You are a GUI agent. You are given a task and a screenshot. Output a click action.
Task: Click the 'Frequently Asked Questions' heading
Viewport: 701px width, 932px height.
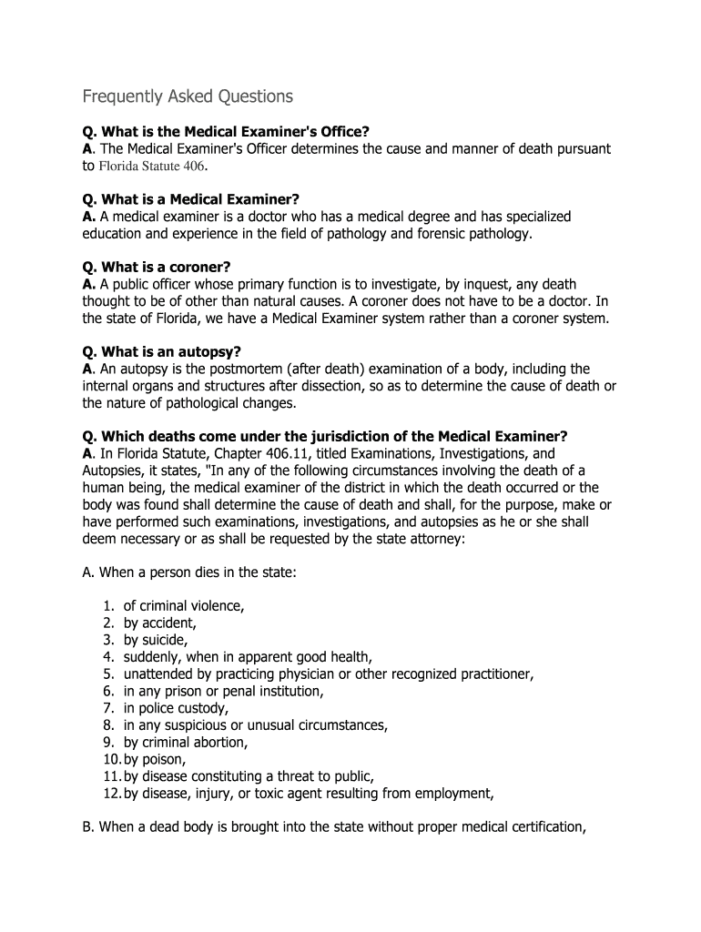point(188,96)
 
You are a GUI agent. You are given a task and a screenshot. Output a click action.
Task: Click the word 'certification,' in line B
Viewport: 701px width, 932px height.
point(536,826)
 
